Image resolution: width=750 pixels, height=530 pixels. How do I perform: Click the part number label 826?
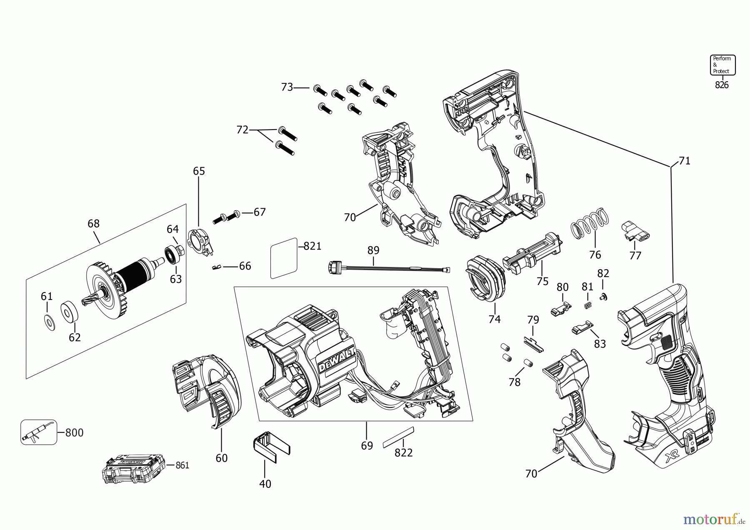pos(722,85)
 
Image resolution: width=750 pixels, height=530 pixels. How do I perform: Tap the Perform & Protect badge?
pos(722,65)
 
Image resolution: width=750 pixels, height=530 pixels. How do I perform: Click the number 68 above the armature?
pos(93,224)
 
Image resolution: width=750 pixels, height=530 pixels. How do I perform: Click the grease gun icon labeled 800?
pos(38,432)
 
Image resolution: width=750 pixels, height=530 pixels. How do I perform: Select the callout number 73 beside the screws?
pos(287,87)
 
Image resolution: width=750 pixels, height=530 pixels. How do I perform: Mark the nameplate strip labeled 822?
pos(399,437)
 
